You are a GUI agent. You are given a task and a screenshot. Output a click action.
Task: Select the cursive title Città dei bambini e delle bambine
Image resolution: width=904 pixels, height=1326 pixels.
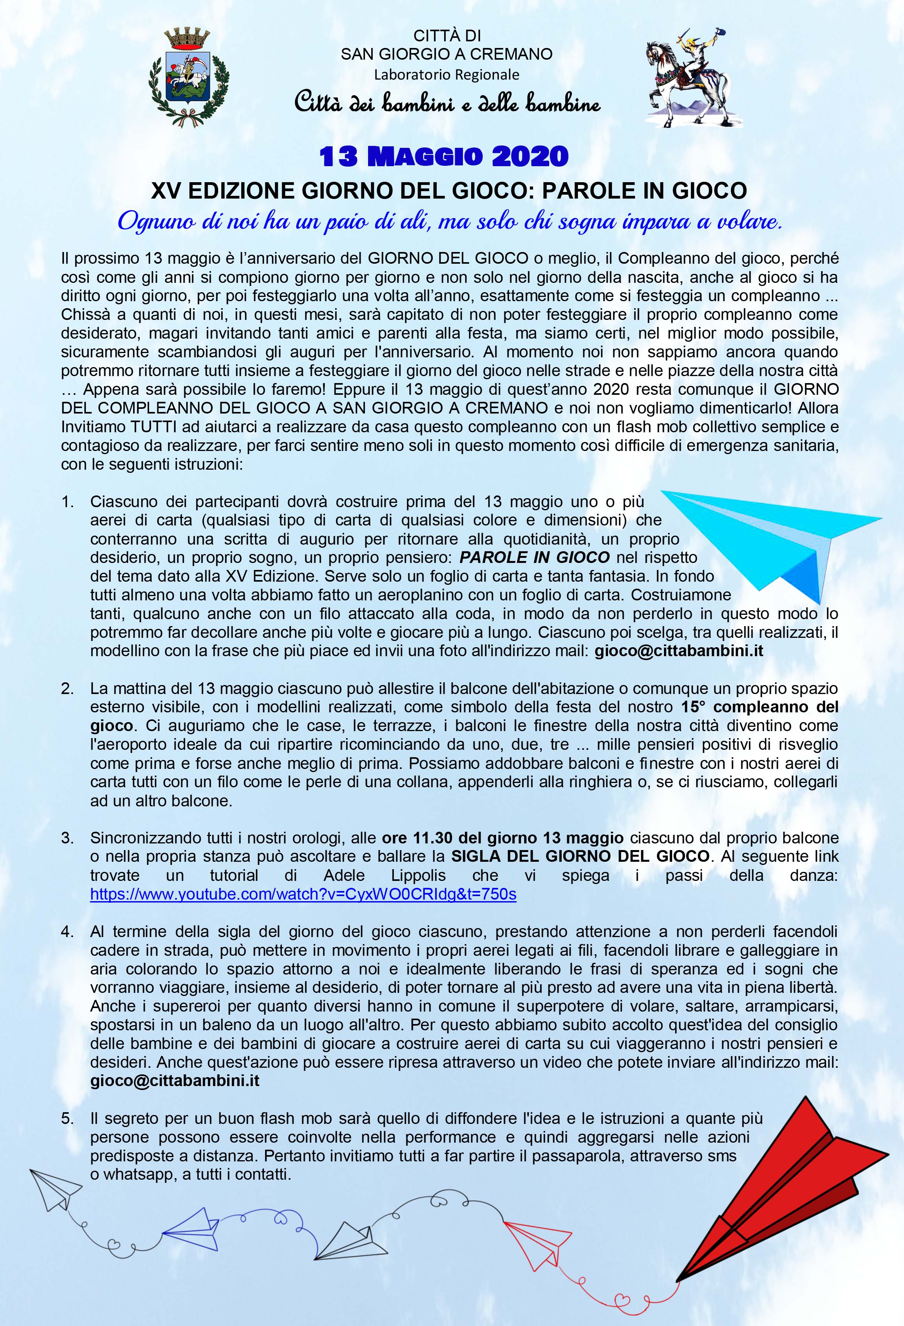tap(447, 103)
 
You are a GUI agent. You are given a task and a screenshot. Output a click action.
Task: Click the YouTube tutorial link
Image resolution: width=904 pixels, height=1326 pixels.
tap(303, 893)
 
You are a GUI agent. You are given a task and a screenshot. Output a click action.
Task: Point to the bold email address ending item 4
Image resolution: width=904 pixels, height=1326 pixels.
tap(174, 1081)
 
